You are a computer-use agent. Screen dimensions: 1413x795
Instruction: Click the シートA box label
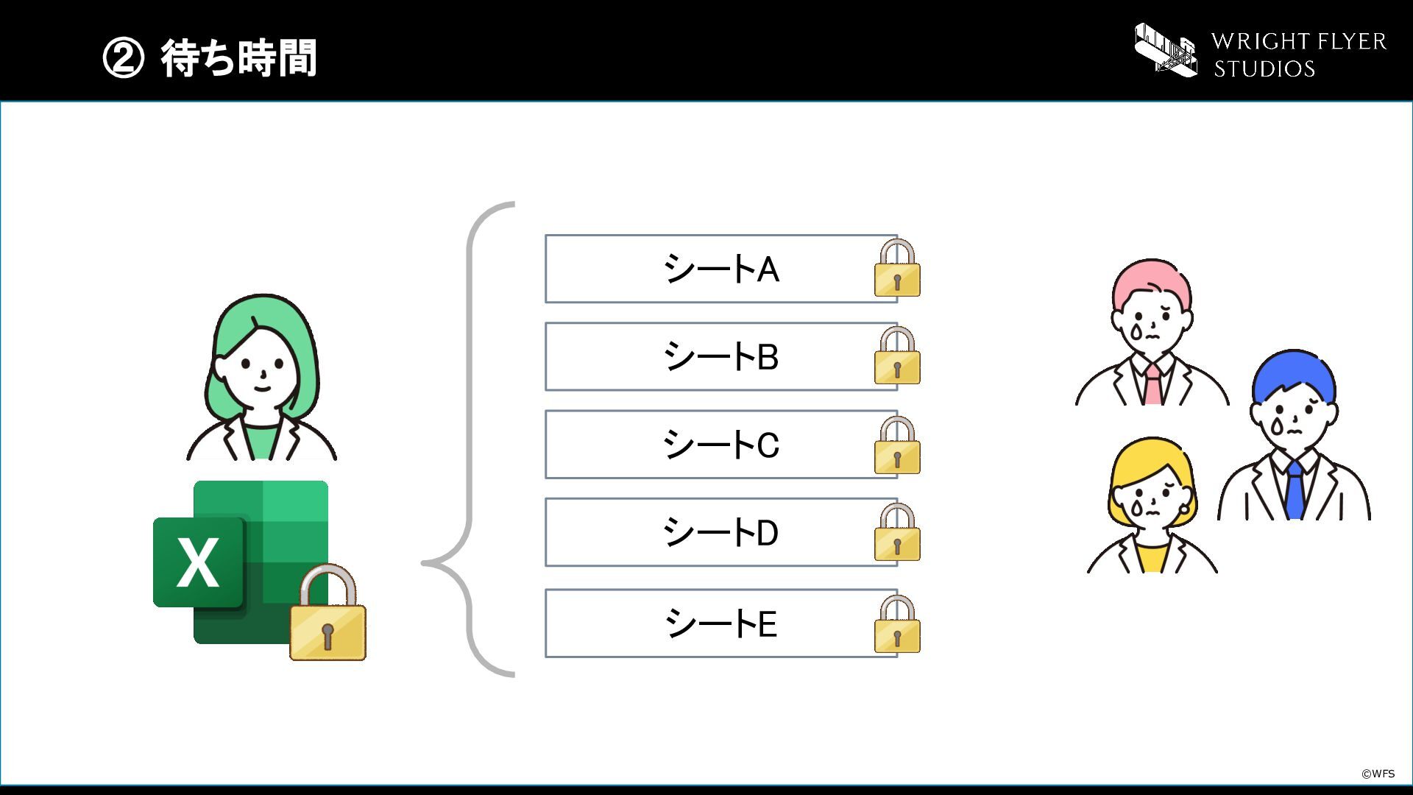(x=721, y=269)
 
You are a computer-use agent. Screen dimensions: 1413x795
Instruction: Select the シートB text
(x=721, y=356)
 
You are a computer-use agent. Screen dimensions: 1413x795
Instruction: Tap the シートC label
(x=721, y=445)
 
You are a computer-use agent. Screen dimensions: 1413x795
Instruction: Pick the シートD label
(x=721, y=532)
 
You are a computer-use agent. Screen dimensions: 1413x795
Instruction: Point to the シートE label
(x=721, y=623)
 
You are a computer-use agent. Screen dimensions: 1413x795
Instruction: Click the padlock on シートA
(x=897, y=268)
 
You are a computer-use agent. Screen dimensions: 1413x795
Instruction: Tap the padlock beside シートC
(x=897, y=445)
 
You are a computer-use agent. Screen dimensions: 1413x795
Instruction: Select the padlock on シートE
(x=897, y=624)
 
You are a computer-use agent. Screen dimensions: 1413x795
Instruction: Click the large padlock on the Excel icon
(x=327, y=612)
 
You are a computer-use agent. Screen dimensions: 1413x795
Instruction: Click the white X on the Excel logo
(x=198, y=562)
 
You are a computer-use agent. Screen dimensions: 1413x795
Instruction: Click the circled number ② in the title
(x=123, y=58)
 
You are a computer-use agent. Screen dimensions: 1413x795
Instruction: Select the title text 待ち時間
(x=239, y=58)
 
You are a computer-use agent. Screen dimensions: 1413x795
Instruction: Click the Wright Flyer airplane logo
(x=1166, y=49)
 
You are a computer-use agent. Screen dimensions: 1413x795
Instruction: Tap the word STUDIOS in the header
(x=1264, y=69)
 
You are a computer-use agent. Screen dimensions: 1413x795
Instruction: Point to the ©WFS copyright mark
(x=1378, y=774)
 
